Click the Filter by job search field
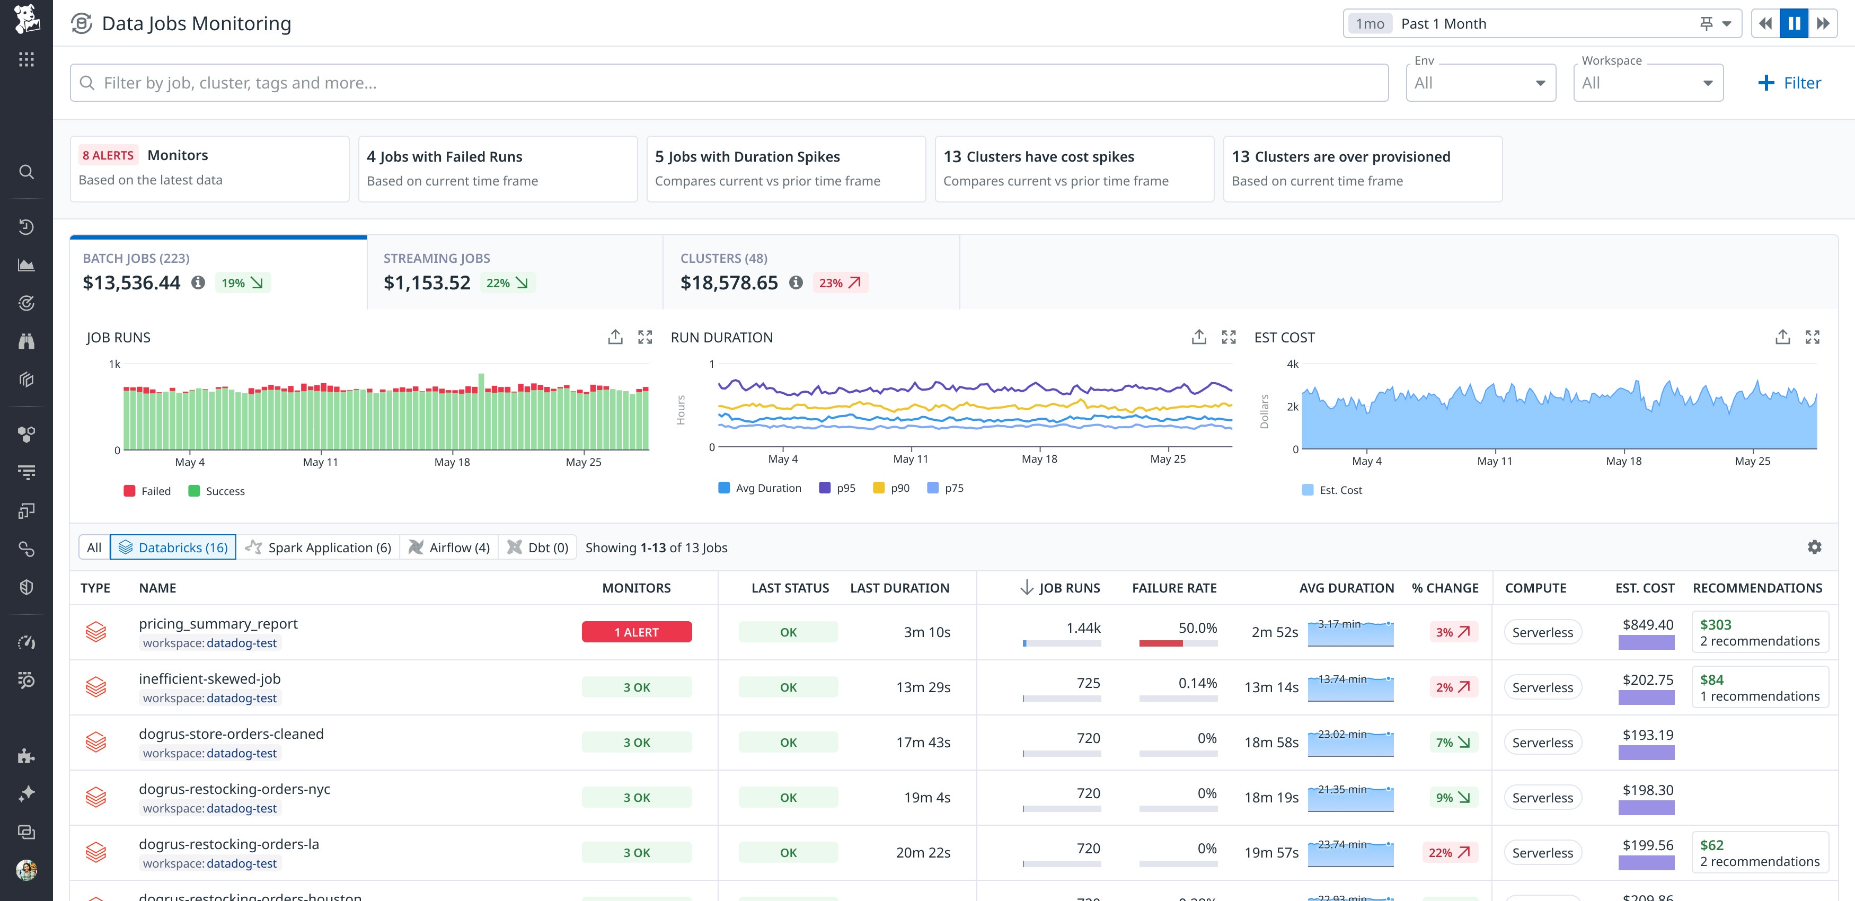[727, 83]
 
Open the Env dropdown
[1480, 83]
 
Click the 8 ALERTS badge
[108, 156]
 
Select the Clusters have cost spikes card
[1074, 169]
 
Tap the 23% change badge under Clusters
[840, 283]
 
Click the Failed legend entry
[148, 491]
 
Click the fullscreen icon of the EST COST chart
[1812, 337]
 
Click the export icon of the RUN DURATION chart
[1198, 337]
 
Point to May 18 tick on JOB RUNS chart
[452, 462]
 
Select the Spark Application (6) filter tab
[319, 547]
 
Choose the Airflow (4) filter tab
[449, 547]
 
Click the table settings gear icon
[1814, 547]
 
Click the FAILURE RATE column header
[1174, 588]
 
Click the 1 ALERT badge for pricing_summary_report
[636, 632]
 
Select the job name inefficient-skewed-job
[209, 678]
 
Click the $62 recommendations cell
[1759, 853]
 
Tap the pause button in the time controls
[1794, 24]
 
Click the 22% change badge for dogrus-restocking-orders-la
[1449, 853]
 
